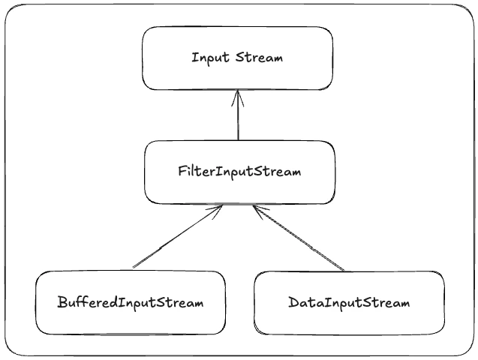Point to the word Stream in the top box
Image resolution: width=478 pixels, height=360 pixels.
pyautogui.click(x=260, y=58)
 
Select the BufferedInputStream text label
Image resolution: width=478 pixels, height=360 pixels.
pyautogui.click(x=130, y=303)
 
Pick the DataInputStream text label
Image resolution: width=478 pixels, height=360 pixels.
pyautogui.click(x=349, y=303)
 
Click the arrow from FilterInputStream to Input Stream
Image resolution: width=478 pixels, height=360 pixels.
pyautogui.click(x=238, y=116)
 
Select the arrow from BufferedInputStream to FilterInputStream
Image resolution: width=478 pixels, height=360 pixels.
pyautogui.click(x=177, y=237)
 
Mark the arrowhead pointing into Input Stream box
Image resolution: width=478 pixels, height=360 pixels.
pyautogui.click(x=238, y=94)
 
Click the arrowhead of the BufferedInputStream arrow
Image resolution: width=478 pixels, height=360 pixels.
pyautogui.click(x=219, y=209)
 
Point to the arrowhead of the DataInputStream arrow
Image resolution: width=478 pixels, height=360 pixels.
pyautogui.click(x=257, y=210)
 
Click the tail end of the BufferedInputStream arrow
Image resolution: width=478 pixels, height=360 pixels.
pyautogui.click(x=134, y=266)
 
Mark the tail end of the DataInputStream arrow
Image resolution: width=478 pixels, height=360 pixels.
pyautogui.click(x=344, y=269)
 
